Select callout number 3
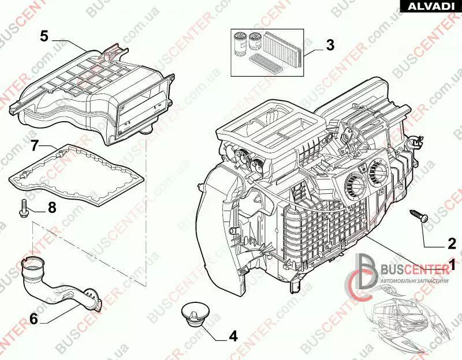330,44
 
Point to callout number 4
233,336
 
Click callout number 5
44,35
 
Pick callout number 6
33,317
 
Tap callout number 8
52,208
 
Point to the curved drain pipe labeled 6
52,283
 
